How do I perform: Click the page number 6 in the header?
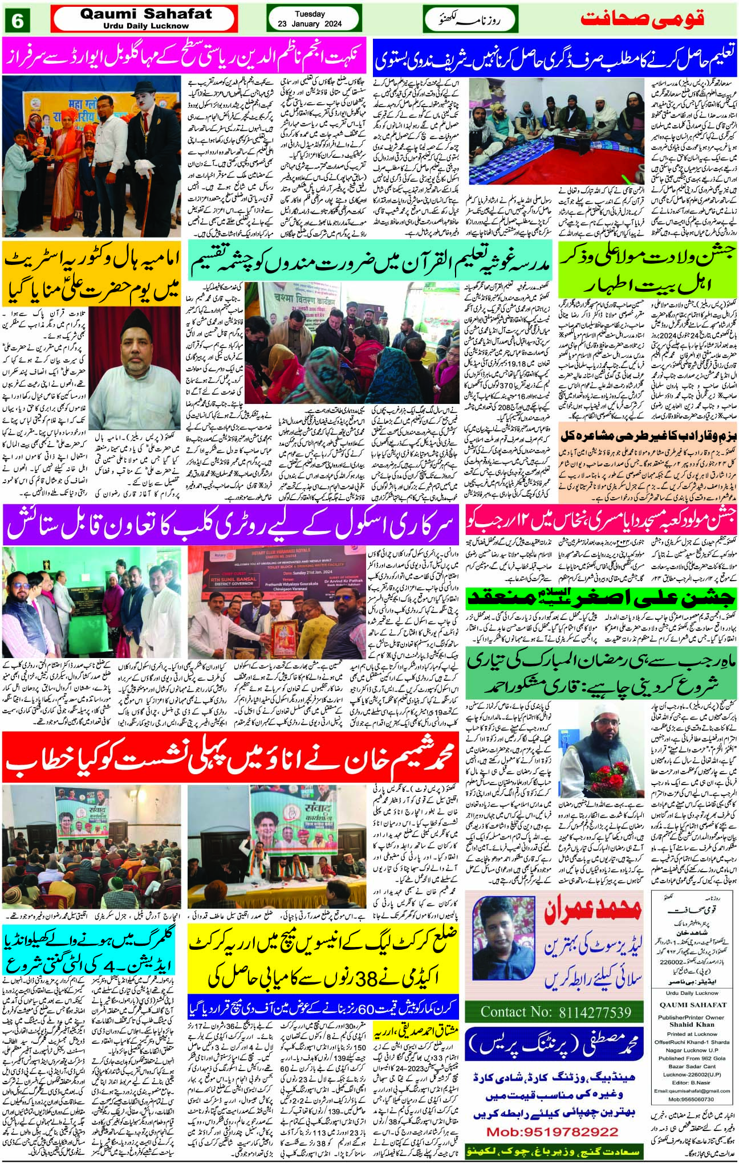(x=18, y=21)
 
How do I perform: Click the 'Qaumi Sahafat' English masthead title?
(x=146, y=14)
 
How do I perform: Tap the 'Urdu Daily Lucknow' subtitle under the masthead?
(x=146, y=26)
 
